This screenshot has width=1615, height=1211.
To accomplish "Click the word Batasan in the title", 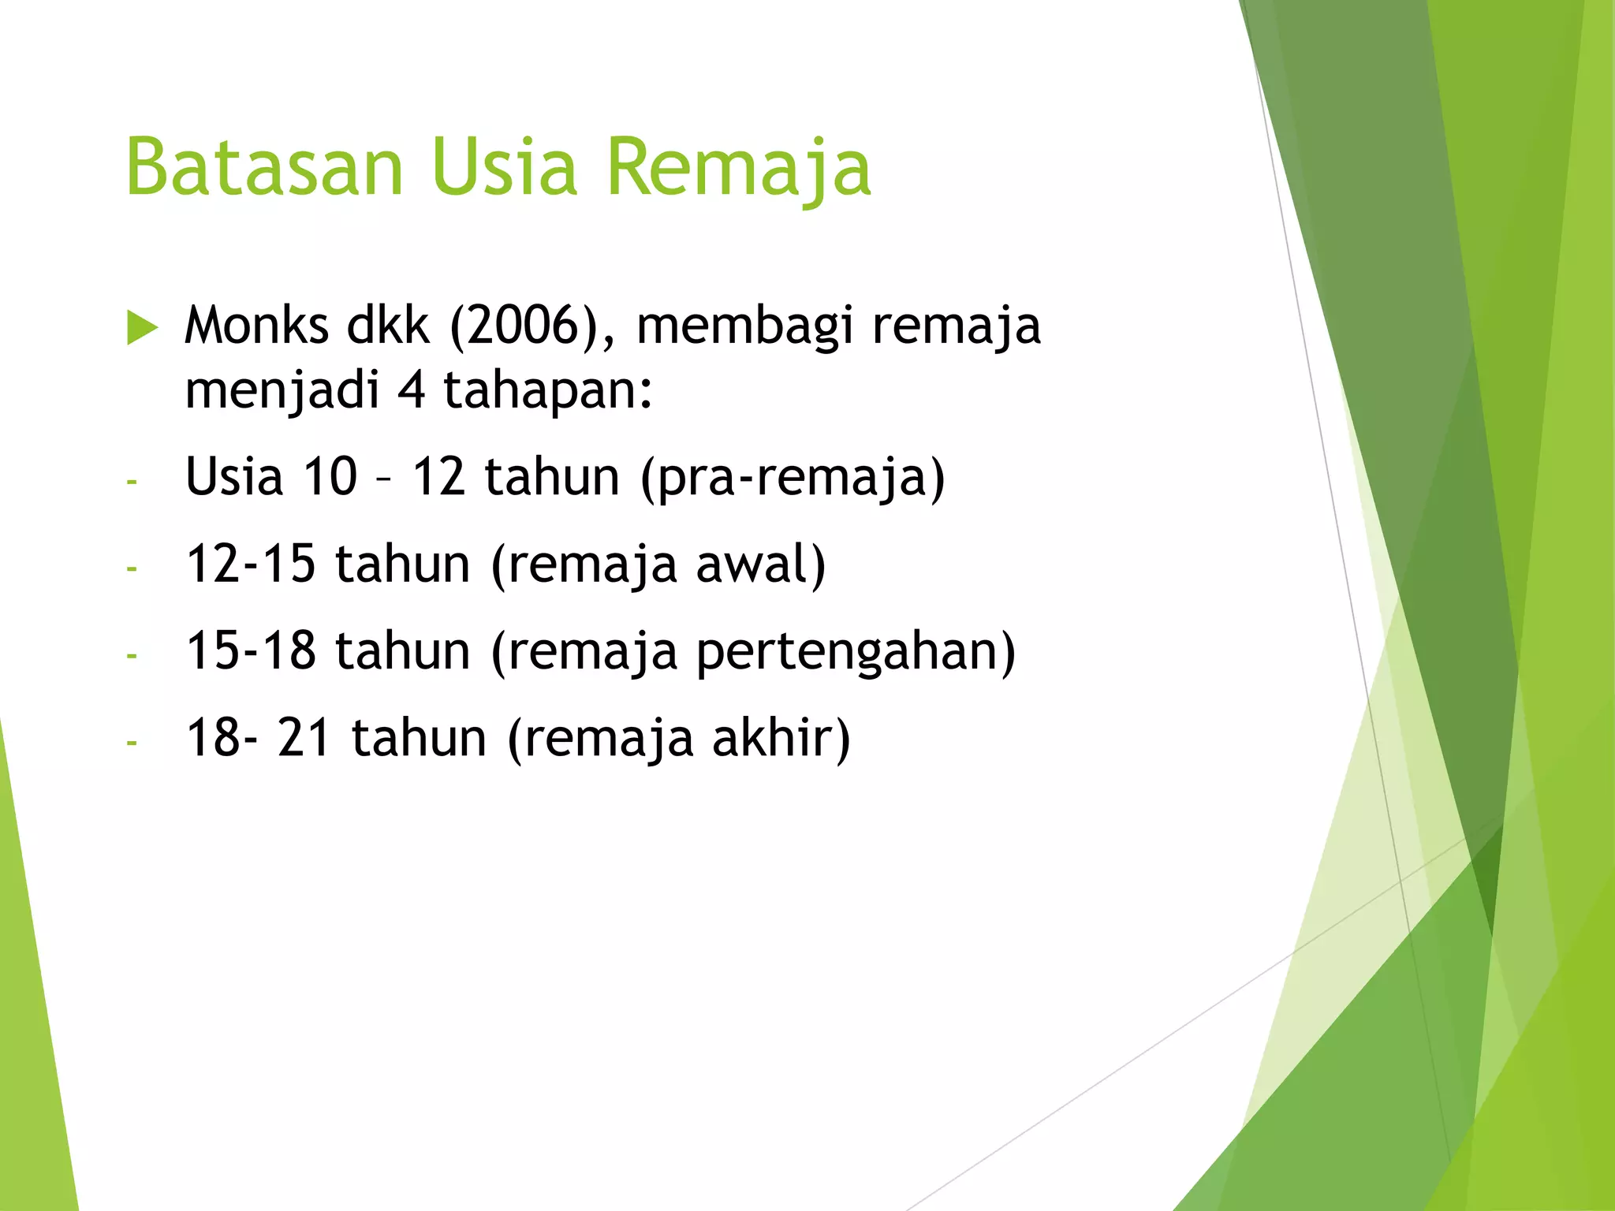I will (x=264, y=167).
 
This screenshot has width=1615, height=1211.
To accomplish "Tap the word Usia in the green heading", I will (x=505, y=167).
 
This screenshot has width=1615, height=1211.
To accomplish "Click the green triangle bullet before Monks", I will (x=142, y=327).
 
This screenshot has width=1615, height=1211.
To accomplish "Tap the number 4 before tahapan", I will (x=412, y=390).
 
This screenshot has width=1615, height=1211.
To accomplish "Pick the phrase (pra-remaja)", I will (x=793, y=478).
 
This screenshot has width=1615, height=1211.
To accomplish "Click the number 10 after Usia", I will (x=330, y=476).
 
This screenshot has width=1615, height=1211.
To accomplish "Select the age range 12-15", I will (x=251, y=564).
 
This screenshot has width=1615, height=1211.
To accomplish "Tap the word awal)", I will (x=760, y=565).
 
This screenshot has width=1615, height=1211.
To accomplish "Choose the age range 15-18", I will (x=251, y=650).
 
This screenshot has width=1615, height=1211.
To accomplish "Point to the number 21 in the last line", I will (x=304, y=738).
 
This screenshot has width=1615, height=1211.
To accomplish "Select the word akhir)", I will (x=781, y=738).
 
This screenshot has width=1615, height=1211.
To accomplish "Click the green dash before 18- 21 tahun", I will (x=132, y=742).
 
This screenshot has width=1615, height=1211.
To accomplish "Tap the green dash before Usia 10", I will (x=132, y=481).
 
